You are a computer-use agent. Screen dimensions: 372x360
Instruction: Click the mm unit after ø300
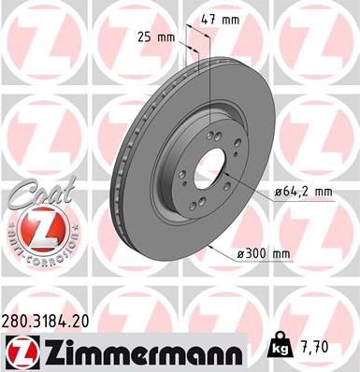[x=282, y=251]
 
